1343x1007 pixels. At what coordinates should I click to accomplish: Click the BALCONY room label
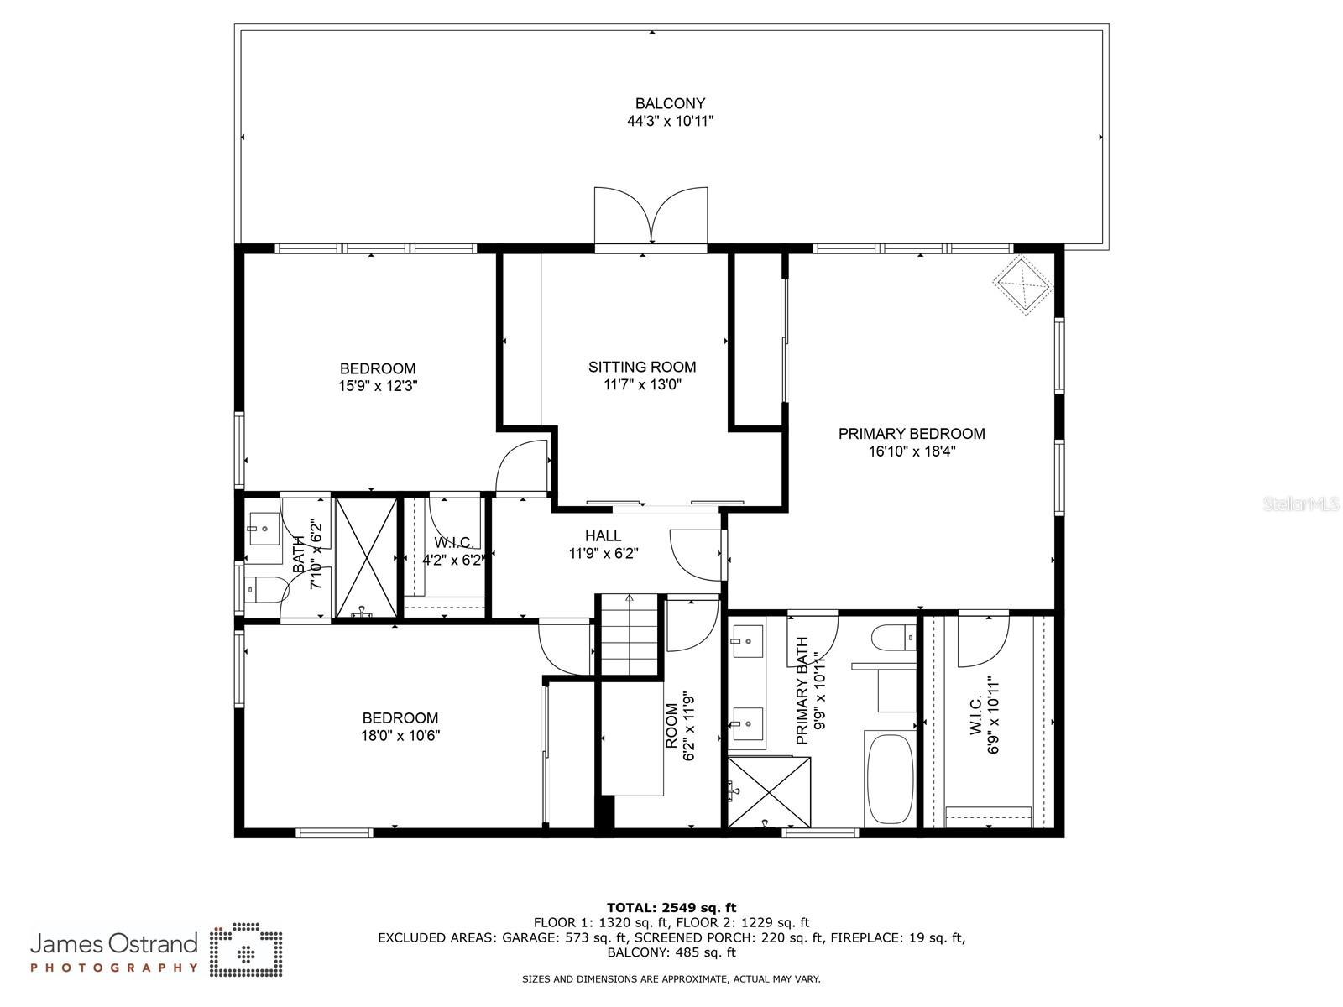click(670, 103)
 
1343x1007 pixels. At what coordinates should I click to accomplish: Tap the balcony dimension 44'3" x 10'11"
click(670, 121)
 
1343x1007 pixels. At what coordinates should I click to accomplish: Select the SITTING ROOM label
click(642, 367)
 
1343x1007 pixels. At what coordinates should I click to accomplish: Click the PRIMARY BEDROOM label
click(912, 433)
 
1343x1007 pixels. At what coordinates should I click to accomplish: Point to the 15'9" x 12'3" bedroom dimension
click(378, 386)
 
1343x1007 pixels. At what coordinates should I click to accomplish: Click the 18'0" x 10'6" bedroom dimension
click(400, 736)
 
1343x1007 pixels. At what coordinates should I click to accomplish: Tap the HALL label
click(604, 535)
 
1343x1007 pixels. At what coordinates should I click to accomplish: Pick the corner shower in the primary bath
click(770, 792)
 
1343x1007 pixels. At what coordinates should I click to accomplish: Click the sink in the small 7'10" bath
click(264, 530)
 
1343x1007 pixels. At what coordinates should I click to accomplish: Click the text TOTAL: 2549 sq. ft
click(671, 907)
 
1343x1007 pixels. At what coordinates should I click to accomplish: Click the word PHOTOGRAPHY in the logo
click(114, 968)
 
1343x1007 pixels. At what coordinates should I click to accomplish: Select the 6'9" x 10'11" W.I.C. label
click(985, 715)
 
